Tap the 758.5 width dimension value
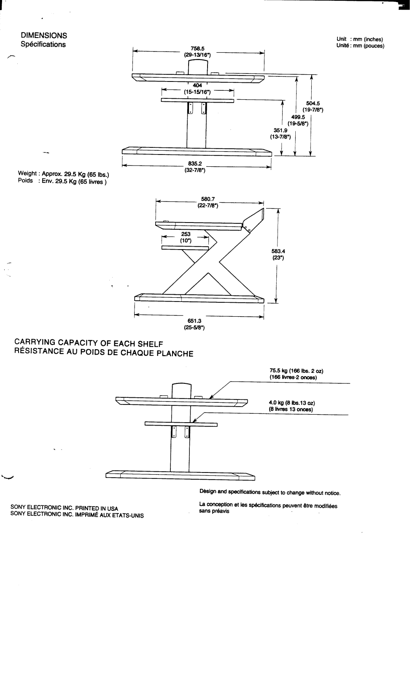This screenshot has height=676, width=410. click(x=197, y=49)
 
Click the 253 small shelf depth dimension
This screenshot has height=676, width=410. click(x=186, y=234)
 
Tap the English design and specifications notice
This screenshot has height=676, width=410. click(x=270, y=493)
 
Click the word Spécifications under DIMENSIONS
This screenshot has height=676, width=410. click(x=43, y=44)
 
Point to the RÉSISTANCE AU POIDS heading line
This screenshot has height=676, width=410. click(x=104, y=353)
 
